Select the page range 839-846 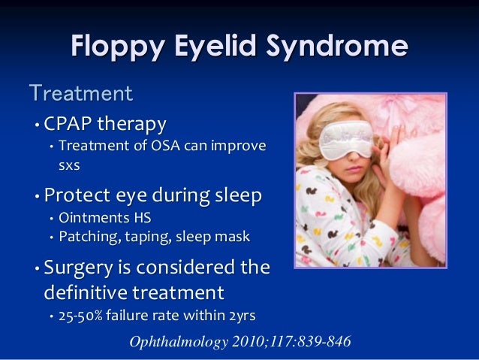coord(324,342)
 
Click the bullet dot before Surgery coord(35,269)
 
